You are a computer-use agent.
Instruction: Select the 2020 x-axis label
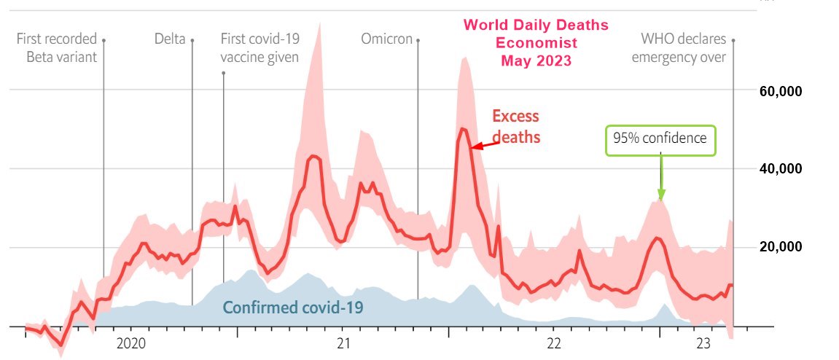click(131, 343)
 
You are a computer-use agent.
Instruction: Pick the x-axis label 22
click(553, 343)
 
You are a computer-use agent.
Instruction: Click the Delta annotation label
click(170, 39)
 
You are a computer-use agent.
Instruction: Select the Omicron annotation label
click(386, 39)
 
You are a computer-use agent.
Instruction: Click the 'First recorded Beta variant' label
click(57, 48)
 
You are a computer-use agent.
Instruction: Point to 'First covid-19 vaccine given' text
click(259, 48)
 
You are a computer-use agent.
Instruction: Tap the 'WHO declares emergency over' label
click(679, 48)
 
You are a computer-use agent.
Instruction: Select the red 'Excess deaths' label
click(515, 126)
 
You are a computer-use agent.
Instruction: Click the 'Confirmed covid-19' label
click(293, 308)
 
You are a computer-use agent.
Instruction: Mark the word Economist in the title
click(536, 43)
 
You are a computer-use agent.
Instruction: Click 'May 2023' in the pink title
click(536, 60)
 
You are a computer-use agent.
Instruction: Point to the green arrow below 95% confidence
click(660, 179)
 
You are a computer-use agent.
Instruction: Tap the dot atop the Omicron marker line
click(418, 40)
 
